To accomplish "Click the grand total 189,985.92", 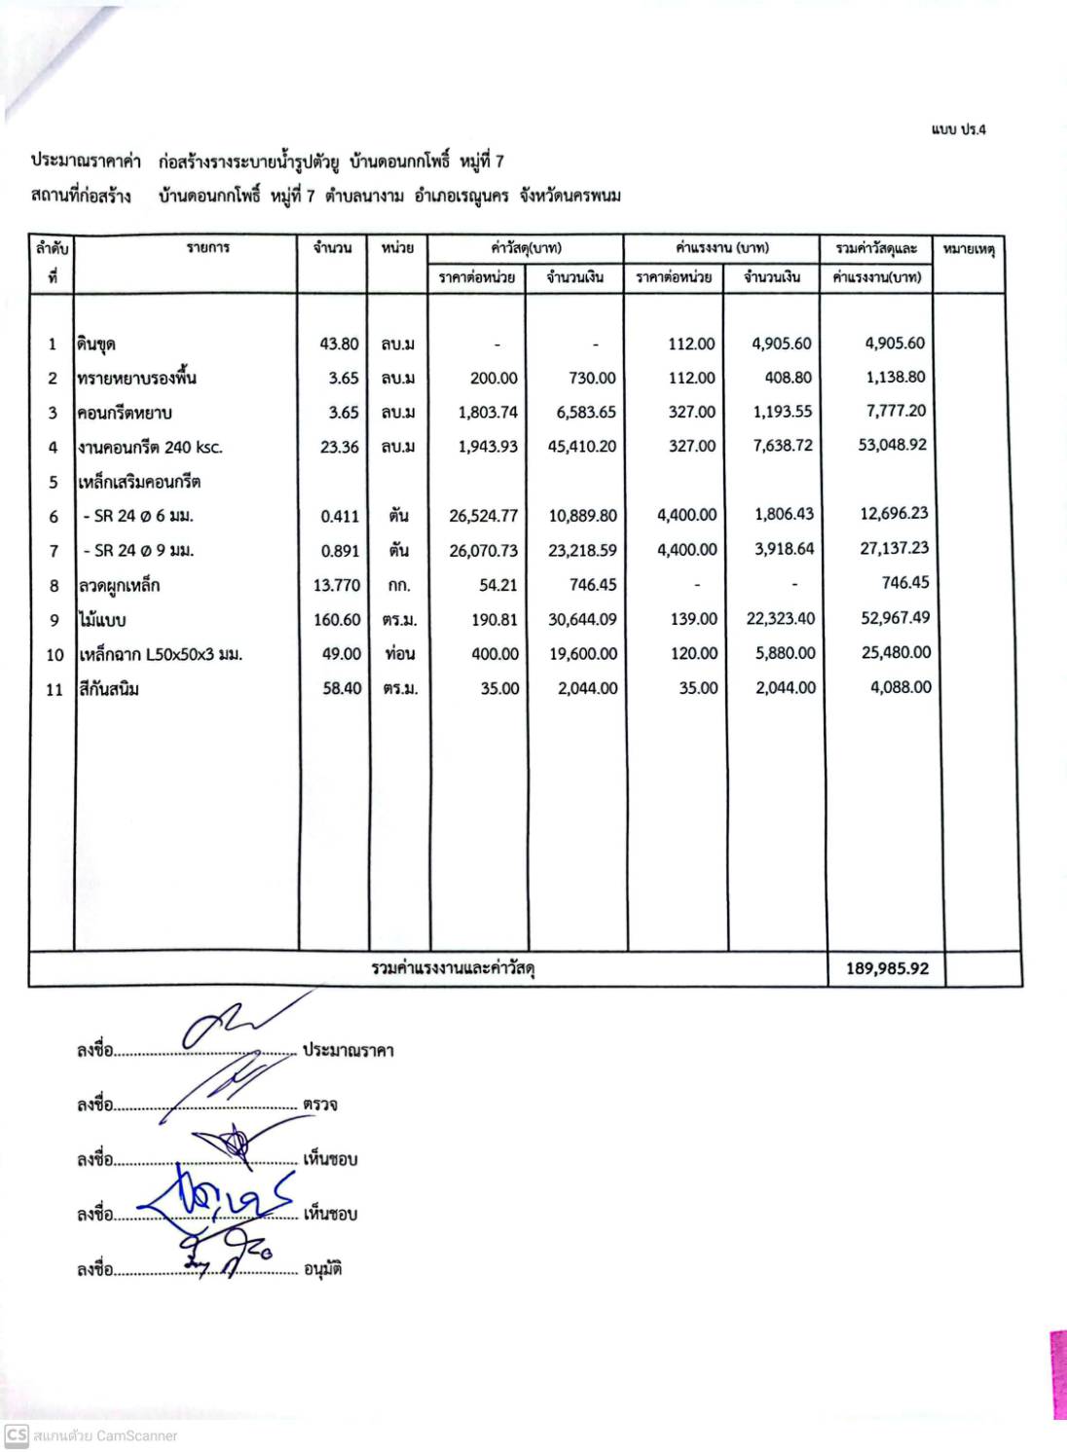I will [x=887, y=968].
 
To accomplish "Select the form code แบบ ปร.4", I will [x=958, y=129].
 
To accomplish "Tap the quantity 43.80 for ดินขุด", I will [x=339, y=344].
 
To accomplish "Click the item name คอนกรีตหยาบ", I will [x=125, y=413].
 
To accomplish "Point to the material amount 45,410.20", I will [x=581, y=447].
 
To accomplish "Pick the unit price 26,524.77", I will [x=483, y=516].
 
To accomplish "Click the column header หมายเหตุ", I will [x=969, y=249].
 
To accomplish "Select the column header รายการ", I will [x=208, y=248].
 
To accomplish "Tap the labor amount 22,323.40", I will [x=781, y=619].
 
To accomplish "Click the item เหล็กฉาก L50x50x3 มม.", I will [x=161, y=654].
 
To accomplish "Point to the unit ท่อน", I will [x=399, y=654].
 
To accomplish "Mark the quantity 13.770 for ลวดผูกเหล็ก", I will [x=337, y=585].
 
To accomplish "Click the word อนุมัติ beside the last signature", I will [x=322, y=1269].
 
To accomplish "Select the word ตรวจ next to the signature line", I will [x=319, y=1105].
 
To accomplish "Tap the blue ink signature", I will [x=219, y=1204].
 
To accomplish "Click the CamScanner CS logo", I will [x=16, y=1435].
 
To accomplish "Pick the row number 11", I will [x=55, y=689].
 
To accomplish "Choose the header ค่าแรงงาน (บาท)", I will [x=721, y=248].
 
